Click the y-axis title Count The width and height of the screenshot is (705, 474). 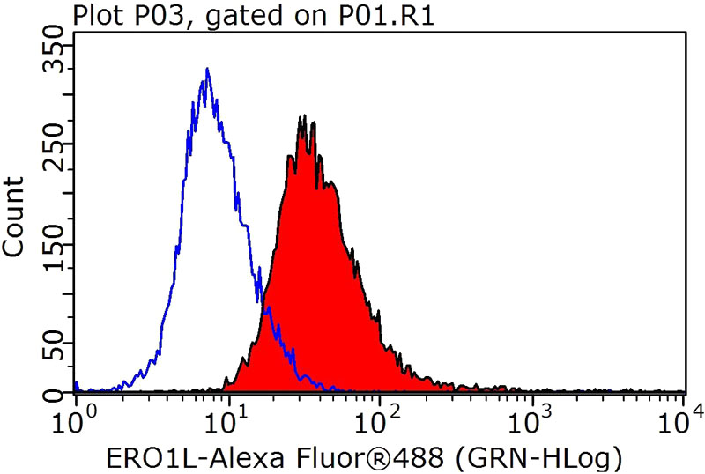pyautogui.click(x=15, y=216)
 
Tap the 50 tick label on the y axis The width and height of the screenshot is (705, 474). pyautogui.click(x=54, y=344)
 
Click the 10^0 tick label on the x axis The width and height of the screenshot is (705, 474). pyautogui.click(x=77, y=411)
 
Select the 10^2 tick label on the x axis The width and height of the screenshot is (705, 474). pyautogui.click(x=380, y=411)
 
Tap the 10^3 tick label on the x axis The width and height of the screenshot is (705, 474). pyautogui.click(x=532, y=411)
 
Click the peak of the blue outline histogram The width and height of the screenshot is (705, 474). pyautogui.click(x=206, y=69)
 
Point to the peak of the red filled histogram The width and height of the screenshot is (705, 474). pyautogui.click(x=302, y=116)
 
